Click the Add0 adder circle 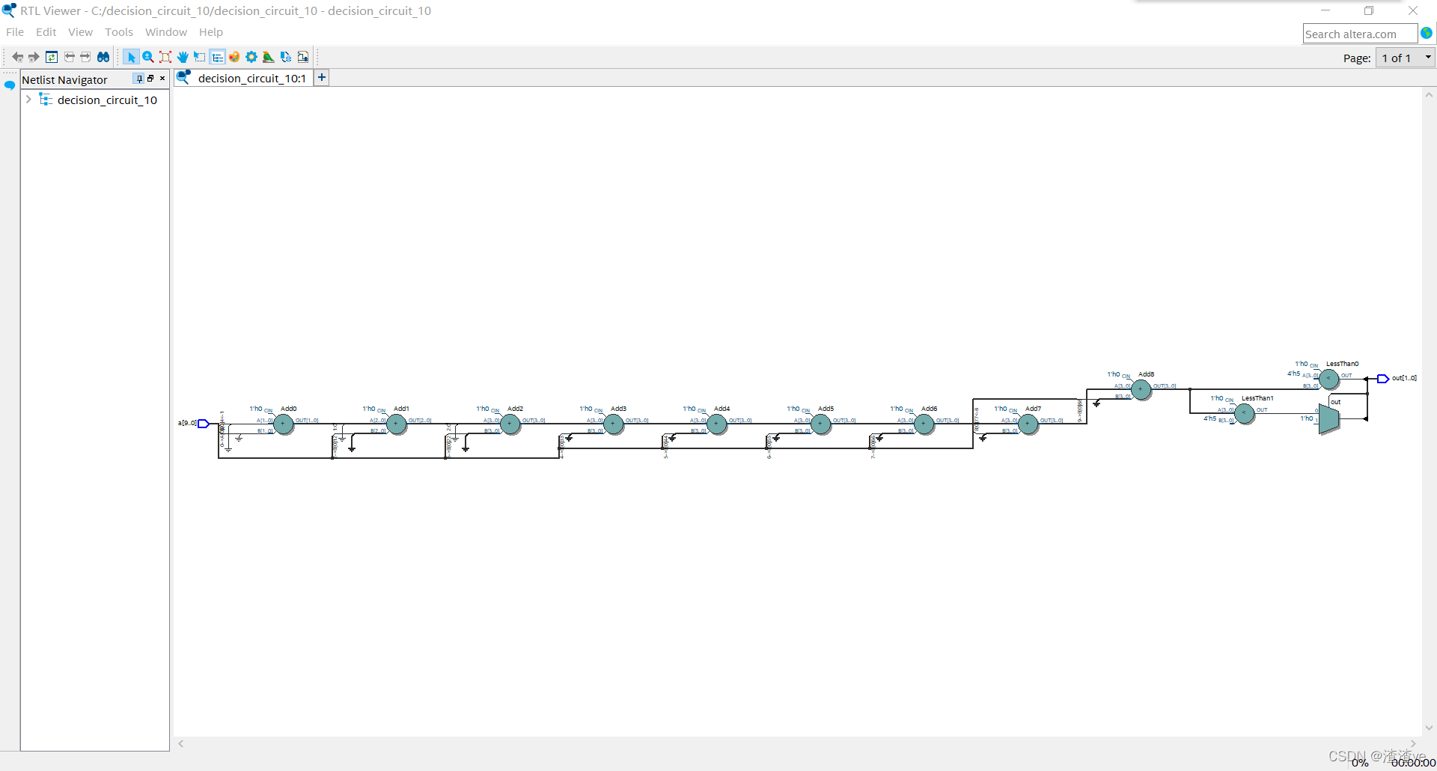coord(283,424)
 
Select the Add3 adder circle coord(613,424)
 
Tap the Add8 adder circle coord(1141,389)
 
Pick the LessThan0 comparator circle coord(1328,379)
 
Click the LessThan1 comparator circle coord(1244,413)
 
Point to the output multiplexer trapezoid coord(1328,420)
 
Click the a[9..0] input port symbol coord(203,424)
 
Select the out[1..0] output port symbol coord(1382,379)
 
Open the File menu coord(15,32)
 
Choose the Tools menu coord(118,32)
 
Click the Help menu coord(210,32)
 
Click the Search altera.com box coord(1358,34)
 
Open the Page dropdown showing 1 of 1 coord(1405,58)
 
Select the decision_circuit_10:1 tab coord(251,79)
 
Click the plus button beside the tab coord(322,77)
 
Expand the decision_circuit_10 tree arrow coord(28,100)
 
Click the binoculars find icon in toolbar coord(103,57)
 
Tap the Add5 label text coord(826,409)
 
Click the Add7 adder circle coord(1028,424)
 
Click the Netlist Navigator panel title coord(65,80)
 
